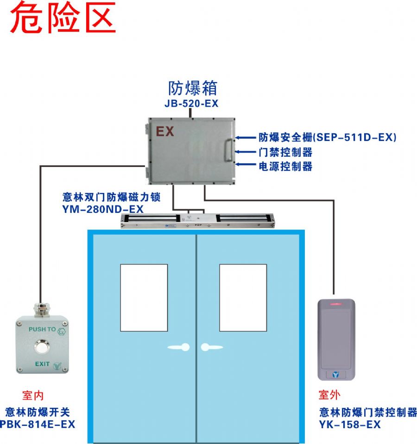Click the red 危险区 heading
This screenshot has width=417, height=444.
[63, 18]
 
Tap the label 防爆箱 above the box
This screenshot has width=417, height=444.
[193, 88]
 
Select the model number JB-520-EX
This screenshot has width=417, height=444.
[191, 103]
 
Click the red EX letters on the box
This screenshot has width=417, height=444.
[165, 131]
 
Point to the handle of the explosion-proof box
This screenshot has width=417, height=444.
[228, 150]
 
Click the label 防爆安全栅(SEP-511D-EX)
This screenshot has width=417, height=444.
[328, 137]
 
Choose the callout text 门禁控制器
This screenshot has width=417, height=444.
[285, 152]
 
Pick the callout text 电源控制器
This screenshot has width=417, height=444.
[285, 166]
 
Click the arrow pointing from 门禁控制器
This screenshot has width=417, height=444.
[246, 152]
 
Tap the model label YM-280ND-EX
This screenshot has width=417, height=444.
[103, 209]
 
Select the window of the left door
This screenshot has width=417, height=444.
[144, 298]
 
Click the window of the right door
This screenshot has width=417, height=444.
[243, 298]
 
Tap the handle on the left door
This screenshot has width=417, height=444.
[179, 347]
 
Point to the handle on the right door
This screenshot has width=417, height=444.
[211, 347]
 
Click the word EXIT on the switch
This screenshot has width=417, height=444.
[43, 364]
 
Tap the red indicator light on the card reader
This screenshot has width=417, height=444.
[336, 304]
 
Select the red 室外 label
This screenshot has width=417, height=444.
[329, 395]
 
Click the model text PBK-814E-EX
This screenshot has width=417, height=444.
[38, 425]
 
